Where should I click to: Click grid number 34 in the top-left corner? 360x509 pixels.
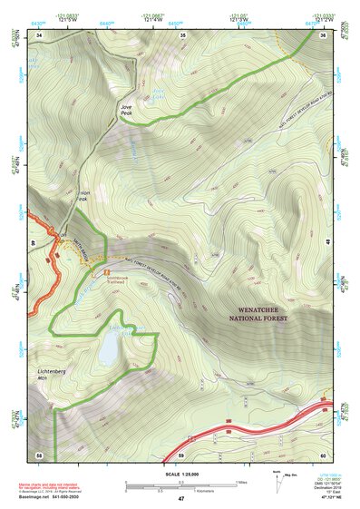click(39, 35)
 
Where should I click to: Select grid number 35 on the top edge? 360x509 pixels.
click(183, 35)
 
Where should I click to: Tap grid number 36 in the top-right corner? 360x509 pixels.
click(324, 35)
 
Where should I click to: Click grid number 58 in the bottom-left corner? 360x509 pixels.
click(39, 453)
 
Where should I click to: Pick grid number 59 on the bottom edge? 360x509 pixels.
click(181, 453)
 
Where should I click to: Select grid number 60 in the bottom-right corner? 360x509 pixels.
click(324, 453)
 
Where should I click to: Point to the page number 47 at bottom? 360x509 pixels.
click(181, 499)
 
